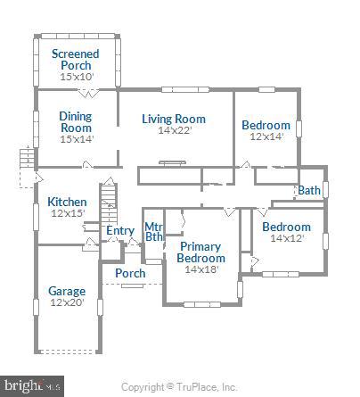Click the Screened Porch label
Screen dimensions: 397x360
point(75,60)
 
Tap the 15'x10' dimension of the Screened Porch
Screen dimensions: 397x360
point(75,78)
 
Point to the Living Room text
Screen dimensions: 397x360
point(175,119)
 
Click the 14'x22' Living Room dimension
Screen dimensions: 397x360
point(175,131)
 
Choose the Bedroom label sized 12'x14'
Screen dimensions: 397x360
point(266,125)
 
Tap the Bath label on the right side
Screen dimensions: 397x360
point(309,190)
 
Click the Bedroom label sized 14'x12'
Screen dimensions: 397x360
point(286,227)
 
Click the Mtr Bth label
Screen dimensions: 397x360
point(153,231)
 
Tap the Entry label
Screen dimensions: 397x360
point(120,231)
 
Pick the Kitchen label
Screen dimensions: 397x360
point(67,202)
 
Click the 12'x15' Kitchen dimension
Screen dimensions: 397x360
point(67,213)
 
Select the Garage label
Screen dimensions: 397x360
point(67,291)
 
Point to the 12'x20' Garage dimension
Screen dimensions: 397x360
point(67,303)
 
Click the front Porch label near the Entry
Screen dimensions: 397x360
point(130,273)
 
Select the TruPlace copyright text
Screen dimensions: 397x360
point(179,387)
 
